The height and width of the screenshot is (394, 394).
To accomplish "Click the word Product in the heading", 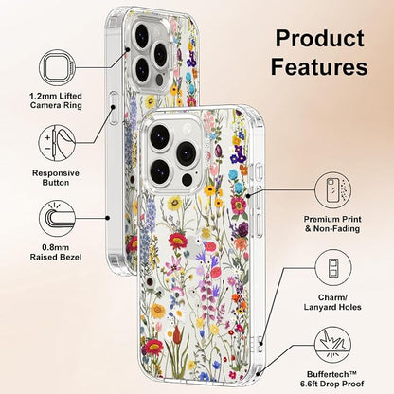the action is tap(320, 38).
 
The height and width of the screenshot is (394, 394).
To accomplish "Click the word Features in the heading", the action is tap(319, 66).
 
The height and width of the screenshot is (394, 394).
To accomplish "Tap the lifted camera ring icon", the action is tap(57, 67).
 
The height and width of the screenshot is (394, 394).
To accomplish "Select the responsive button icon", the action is tap(57, 143).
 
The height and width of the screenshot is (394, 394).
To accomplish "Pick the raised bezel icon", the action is tap(57, 218).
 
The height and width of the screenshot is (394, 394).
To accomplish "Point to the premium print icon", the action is tap(333, 190).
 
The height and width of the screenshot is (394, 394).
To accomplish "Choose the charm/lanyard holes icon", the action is tap(333, 268).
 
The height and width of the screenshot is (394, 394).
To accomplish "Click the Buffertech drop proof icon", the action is tap(333, 345).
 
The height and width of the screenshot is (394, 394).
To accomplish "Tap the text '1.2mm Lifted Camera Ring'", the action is tap(56, 100).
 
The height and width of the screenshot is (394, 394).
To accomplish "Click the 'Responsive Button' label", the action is tap(56, 178).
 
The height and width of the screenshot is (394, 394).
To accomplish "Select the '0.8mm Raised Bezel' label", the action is tap(56, 252).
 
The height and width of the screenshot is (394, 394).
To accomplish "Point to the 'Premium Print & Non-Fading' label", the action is tap(332, 224).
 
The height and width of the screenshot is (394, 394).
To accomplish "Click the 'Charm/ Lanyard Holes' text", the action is tap(332, 302).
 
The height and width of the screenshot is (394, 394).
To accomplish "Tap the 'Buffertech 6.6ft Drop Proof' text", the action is tap(332, 379).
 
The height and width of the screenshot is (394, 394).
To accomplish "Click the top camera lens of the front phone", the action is tap(160, 134).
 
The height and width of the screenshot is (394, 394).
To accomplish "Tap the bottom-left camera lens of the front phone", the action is tap(160, 170).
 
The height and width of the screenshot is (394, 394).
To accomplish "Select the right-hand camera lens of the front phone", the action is tap(187, 152).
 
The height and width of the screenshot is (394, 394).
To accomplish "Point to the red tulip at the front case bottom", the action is tap(178, 334).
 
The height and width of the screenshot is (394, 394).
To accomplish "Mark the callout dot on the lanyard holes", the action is tap(260, 344).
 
